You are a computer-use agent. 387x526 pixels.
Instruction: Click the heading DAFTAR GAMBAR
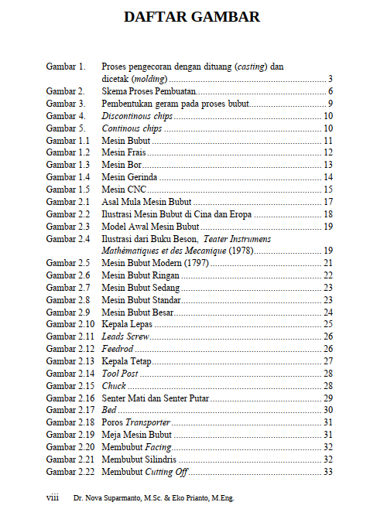click(192, 16)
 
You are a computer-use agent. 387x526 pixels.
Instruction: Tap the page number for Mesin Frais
click(328, 153)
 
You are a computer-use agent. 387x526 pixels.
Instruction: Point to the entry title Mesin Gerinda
click(129, 177)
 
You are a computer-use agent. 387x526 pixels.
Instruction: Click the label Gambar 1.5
click(68, 190)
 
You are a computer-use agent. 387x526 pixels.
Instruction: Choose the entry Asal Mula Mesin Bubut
click(146, 202)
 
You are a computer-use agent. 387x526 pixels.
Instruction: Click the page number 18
click(328, 214)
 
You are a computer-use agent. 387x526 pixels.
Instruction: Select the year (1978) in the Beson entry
click(238, 251)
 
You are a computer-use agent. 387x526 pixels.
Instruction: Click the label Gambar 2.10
click(70, 324)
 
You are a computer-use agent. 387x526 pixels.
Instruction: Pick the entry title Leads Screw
click(125, 336)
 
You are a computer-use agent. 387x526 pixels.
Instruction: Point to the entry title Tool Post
click(120, 374)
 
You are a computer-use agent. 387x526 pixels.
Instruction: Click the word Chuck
click(114, 386)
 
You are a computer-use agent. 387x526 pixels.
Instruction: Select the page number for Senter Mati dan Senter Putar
click(328, 398)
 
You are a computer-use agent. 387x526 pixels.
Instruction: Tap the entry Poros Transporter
click(136, 422)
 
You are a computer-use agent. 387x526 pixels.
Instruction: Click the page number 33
click(328, 471)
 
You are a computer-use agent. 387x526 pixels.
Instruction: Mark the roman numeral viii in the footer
click(53, 498)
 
